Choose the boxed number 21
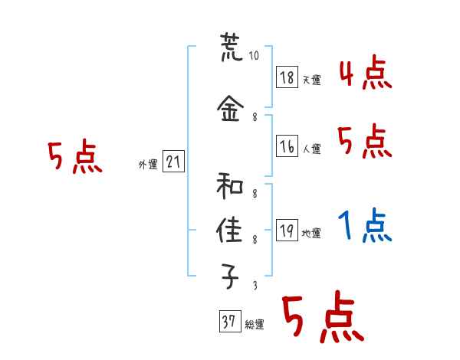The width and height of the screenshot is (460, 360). (x=173, y=162)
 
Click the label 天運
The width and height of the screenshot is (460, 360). (x=311, y=80)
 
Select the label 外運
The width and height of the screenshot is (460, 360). (x=147, y=164)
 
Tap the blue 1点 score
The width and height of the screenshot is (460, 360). (x=364, y=227)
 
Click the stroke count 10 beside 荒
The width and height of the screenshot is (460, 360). (x=255, y=55)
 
